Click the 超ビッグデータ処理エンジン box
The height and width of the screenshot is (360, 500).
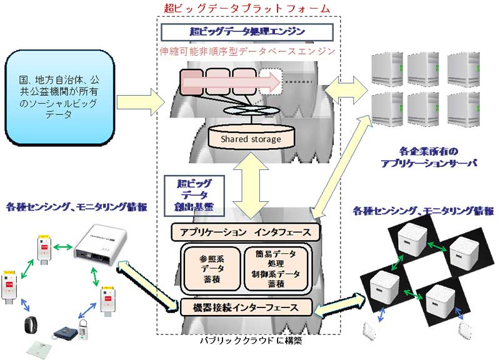coord(247,31)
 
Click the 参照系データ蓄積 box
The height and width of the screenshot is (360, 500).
coord(209,269)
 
